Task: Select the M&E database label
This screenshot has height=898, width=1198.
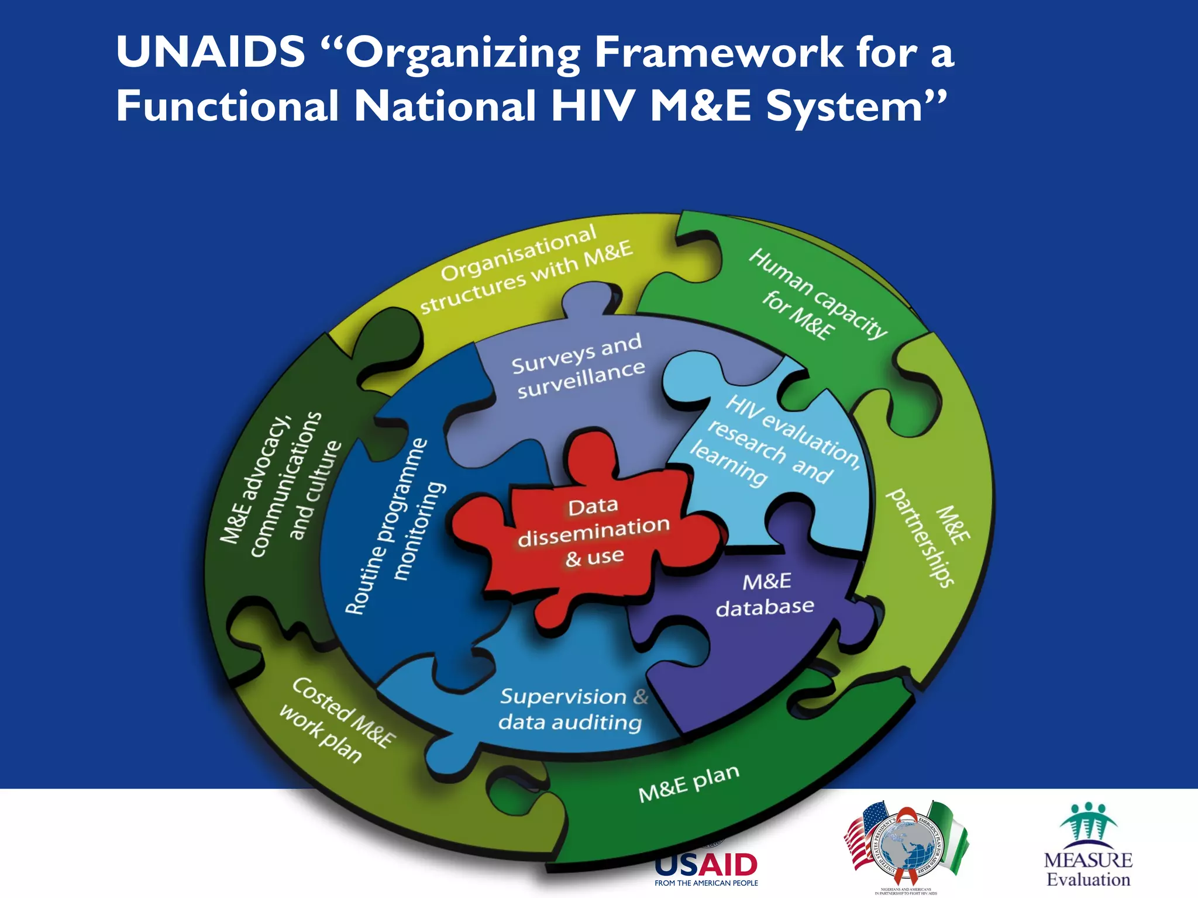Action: [x=765, y=595]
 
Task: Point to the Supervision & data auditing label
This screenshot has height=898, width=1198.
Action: [x=572, y=709]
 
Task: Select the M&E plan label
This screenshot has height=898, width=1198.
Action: [x=688, y=784]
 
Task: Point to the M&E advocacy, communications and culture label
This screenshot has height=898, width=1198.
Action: [x=280, y=485]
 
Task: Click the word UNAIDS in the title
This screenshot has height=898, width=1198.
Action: [x=211, y=53]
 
